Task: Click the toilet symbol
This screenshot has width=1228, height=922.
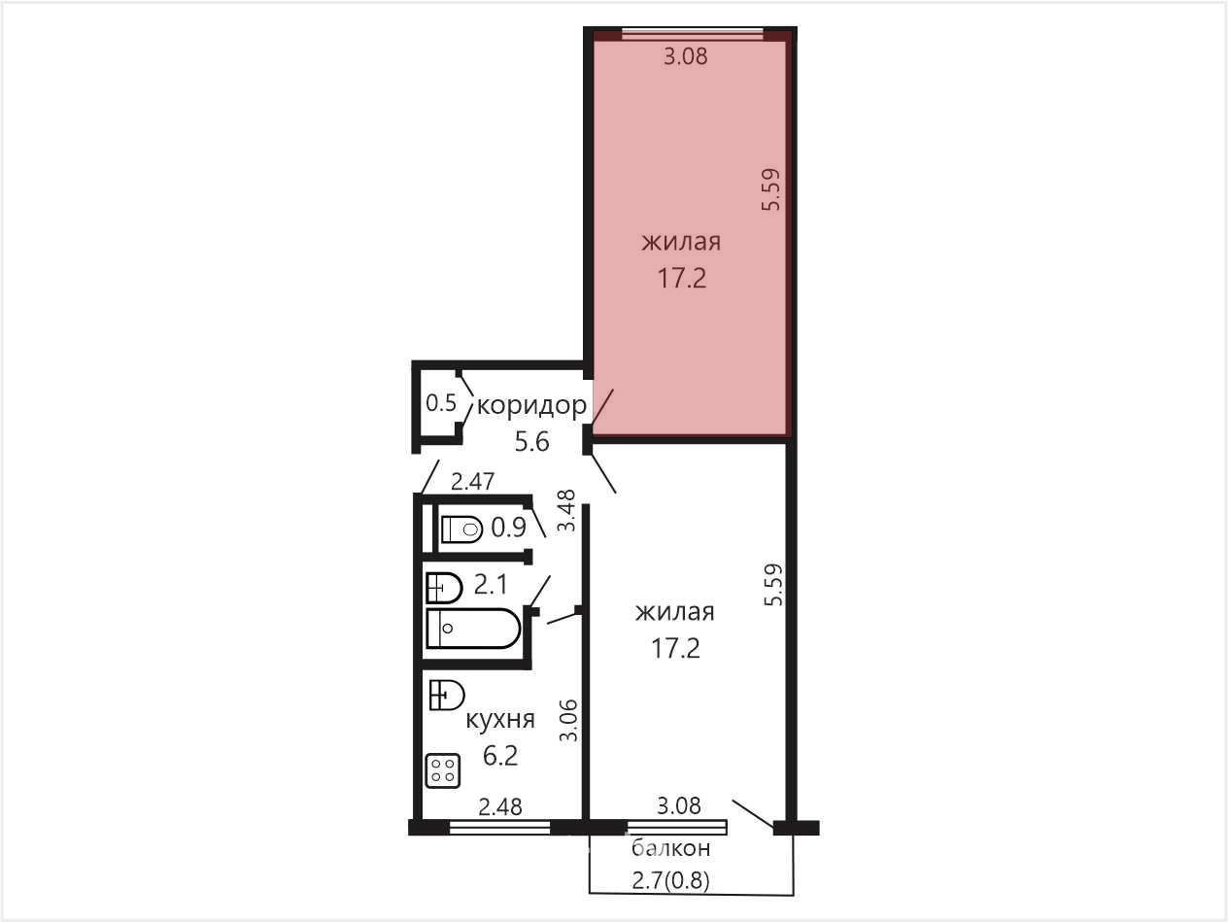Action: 461,529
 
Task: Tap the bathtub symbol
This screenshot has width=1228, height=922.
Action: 473,629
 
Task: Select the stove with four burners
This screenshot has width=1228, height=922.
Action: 443,771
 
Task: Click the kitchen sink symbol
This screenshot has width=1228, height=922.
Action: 447,696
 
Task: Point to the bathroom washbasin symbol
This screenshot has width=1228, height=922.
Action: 444,588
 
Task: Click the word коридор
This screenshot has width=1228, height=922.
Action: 531,405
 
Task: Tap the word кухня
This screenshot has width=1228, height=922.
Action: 500,720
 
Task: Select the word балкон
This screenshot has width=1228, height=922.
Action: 670,848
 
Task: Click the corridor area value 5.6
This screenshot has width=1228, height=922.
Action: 532,442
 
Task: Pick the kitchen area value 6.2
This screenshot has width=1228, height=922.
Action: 500,756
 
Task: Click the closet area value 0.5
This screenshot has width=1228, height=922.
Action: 441,403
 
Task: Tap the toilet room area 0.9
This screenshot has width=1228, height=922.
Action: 508,527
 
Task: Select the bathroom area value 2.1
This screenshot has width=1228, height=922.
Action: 491,585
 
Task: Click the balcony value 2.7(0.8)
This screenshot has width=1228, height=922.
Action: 670,882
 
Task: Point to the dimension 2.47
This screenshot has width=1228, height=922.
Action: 473,481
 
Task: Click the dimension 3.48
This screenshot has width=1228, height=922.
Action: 567,510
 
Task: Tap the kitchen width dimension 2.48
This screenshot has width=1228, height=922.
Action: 500,806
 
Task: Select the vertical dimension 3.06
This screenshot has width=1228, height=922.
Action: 568,721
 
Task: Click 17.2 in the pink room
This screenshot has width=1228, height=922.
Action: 681,278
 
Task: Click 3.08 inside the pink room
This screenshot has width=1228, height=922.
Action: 685,56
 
